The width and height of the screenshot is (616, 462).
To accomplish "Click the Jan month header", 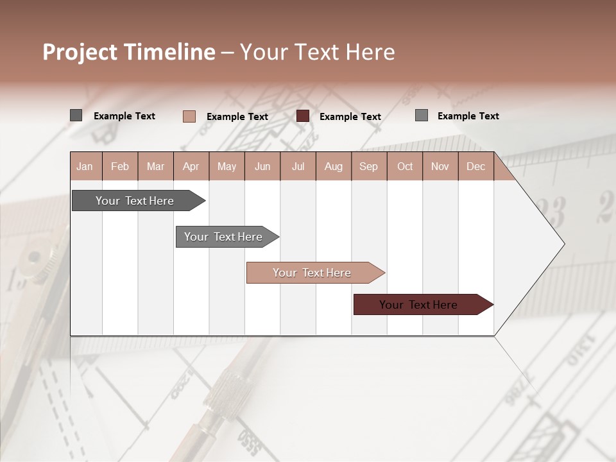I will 85,166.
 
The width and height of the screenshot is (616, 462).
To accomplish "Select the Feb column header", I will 120,166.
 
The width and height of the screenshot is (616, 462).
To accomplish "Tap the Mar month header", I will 155,166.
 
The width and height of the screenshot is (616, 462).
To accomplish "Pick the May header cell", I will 227,166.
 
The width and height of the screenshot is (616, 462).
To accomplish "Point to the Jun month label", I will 262,166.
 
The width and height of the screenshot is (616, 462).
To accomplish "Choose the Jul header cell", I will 298,166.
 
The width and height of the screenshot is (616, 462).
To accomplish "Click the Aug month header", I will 333,166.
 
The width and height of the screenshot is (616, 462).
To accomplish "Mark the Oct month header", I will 405,166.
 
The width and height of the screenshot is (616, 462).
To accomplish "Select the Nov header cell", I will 440,166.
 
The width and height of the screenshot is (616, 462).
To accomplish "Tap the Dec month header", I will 475,166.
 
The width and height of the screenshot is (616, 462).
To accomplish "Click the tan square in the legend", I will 189,116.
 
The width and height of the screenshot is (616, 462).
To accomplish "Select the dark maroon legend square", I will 303,116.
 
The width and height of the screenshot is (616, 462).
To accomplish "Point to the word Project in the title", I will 80,52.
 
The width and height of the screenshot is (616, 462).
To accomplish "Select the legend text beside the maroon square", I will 350,117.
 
